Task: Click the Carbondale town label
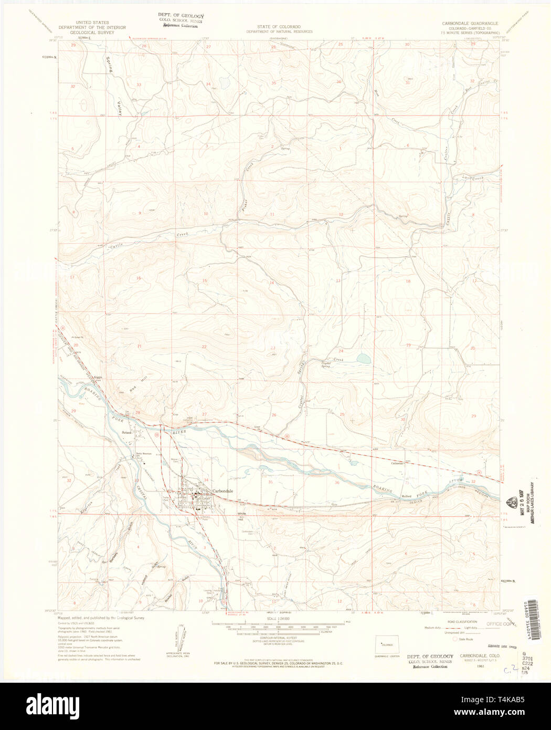point(222,492)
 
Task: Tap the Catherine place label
point(396,463)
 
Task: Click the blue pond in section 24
point(363,359)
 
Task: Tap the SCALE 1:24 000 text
point(279,619)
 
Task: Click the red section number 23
point(272,348)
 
